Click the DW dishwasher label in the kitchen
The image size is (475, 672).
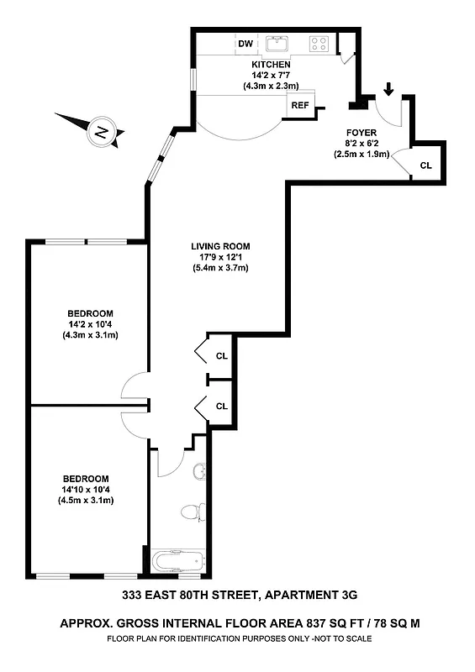pos(245,43)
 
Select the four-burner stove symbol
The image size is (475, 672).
pos(319,44)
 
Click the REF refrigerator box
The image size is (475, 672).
pos(300,105)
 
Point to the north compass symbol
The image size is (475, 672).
pos(101,131)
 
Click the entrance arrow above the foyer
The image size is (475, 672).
pos(388,88)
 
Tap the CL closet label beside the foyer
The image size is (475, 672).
pos(425,165)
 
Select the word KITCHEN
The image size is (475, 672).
pos(271,65)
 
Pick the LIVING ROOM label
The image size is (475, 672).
pos(220,246)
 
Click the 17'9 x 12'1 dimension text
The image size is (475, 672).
pos(220,257)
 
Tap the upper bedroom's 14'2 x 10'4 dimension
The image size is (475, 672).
pos(91,324)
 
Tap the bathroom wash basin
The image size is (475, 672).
pos(199,470)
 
